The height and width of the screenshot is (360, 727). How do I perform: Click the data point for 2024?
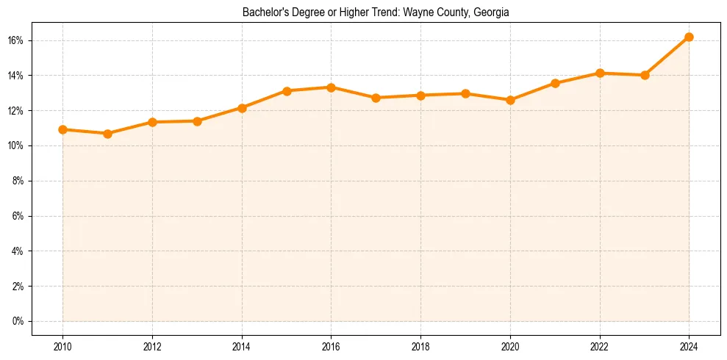click(689, 37)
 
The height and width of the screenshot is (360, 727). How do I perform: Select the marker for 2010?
click(62, 129)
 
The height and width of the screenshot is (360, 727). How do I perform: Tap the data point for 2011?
click(107, 134)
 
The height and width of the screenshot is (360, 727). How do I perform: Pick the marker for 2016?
click(331, 87)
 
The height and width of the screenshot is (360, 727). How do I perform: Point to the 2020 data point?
click(510, 100)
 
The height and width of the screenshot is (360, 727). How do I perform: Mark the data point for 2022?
click(600, 73)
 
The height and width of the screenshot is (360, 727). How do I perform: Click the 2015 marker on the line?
click(287, 91)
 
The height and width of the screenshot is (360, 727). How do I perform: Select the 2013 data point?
click(197, 121)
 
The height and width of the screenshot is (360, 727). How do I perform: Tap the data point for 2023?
click(645, 75)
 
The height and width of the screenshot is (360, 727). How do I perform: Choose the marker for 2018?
click(420, 96)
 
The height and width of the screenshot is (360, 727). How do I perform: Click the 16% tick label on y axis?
click(16, 40)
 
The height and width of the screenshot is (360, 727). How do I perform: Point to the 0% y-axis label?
click(18, 321)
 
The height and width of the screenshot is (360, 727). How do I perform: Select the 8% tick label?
click(18, 181)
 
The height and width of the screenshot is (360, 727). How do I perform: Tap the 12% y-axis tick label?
click(16, 111)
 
